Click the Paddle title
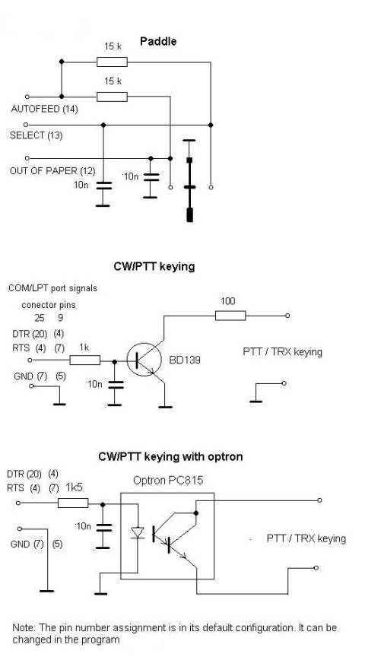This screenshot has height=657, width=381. tap(158, 42)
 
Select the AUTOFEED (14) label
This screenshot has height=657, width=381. tap(44, 109)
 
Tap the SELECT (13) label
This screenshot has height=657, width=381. tap(36, 135)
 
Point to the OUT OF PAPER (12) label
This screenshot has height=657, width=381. tap(52, 171)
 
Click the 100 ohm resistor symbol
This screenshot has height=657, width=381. tap(230, 316)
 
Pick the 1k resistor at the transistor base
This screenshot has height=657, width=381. tap(84, 360)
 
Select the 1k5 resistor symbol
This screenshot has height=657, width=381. tap(73, 503)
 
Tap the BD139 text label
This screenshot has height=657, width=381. tap(185, 360)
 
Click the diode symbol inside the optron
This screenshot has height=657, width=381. tap(138, 532)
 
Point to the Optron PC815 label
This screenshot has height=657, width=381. tap(168, 480)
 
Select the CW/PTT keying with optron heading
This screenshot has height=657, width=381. tap(170, 456)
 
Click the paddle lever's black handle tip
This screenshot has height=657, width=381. tap(190, 214)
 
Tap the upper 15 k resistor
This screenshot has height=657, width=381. tap(112, 62)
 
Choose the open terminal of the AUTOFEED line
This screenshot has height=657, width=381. tap(27, 97)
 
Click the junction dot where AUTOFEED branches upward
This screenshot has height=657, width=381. tap(62, 97)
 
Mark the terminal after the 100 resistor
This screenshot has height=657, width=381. tap(287, 316)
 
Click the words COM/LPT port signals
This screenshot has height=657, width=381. tap(52, 288)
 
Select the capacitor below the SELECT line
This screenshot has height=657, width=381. tap(103, 186)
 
